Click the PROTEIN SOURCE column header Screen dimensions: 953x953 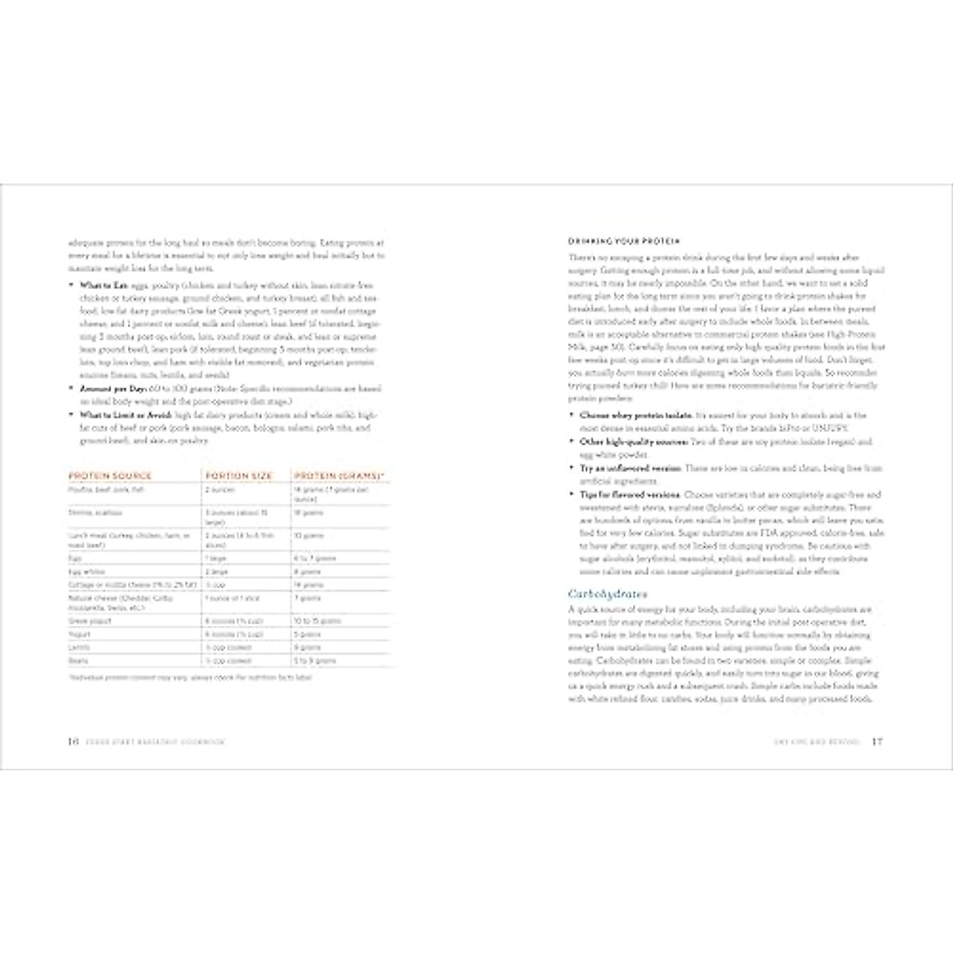click(x=110, y=476)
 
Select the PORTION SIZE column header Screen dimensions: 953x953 click(x=238, y=476)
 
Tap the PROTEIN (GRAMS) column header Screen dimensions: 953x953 click(x=340, y=476)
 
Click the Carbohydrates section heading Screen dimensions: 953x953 click(x=608, y=593)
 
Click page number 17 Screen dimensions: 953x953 click(x=877, y=742)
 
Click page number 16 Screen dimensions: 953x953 click(x=71, y=742)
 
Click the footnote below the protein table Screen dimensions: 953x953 click(x=191, y=678)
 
